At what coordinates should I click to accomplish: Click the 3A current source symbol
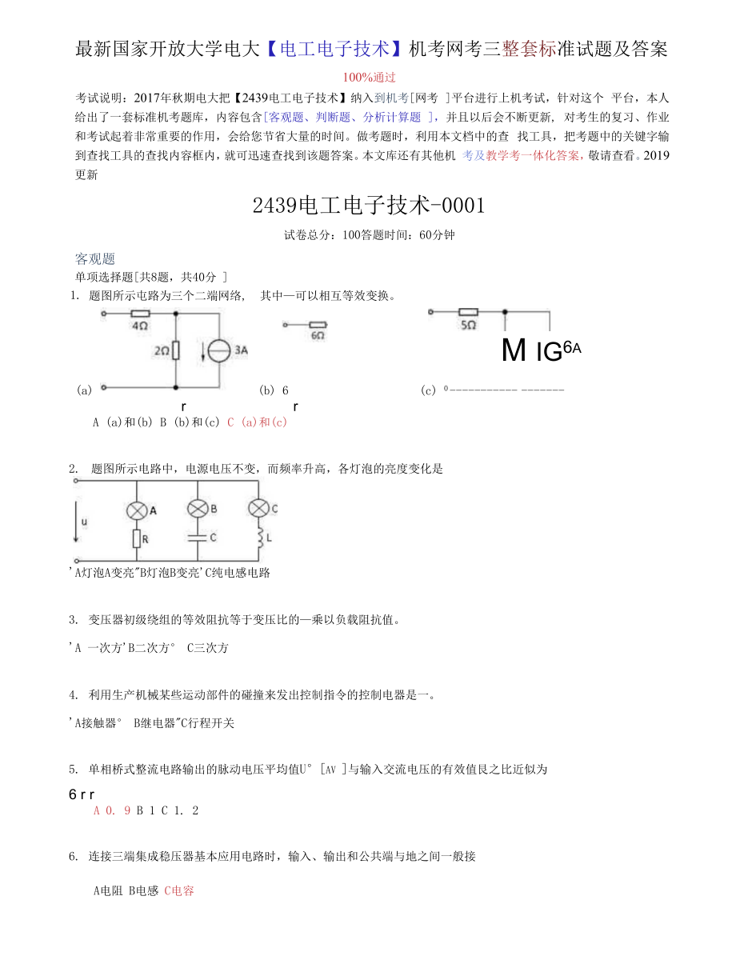pyautogui.click(x=217, y=350)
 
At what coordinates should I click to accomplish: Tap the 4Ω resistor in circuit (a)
pyautogui.click(x=140, y=314)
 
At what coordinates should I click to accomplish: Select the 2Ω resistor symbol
pyautogui.click(x=176, y=350)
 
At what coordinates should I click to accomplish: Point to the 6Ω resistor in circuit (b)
pyautogui.click(x=318, y=325)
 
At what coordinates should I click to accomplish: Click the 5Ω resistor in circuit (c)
pyautogui.click(x=468, y=313)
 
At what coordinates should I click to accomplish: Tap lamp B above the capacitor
pyautogui.click(x=197, y=509)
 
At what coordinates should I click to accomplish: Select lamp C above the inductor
pyautogui.click(x=258, y=509)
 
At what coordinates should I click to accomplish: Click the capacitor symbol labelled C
pyautogui.click(x=197, y=538)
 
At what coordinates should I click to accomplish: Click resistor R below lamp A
pyautogui.click(x=136, y=538)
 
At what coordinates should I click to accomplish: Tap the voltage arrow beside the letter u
pyautogui.click(x=76, y=521)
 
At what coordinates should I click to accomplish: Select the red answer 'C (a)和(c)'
pyautogui.click(x=257, y=422)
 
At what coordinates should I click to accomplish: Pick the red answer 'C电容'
pyautogui.click(x=179, y=890)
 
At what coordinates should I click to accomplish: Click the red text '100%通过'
pyautogui.click(x=369, y=78)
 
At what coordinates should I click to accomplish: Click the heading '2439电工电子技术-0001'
pyautogui.click(x=369, y=206)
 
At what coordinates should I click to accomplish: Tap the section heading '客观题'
pyautogui.click(x=95, y=258)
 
